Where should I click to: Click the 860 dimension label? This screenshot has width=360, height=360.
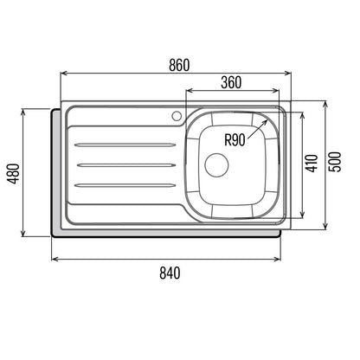pyautogui.click(x=179, y=65)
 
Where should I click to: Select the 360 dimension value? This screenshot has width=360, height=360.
pyautogui.click(x=231, y=82)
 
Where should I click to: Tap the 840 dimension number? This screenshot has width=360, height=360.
pyautogui.click(x=170, y=273)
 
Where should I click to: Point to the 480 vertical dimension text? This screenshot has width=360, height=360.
pyautogui.click(x=15, y=173)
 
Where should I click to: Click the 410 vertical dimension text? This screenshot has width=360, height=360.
pyautogui.click(x=312, y=164)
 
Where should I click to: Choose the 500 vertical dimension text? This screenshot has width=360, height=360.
pyautogui.click(x=335, y=162)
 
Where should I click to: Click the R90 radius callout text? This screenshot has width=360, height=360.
pyautogui.click(x=235, y=140)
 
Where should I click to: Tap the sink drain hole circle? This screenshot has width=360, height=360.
pyautogui.click(x=216, y=164)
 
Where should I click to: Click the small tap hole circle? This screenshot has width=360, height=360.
pyautogui.click(x=177, y=115)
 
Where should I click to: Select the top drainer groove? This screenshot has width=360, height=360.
pyautogui.click(x=125, y=145)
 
